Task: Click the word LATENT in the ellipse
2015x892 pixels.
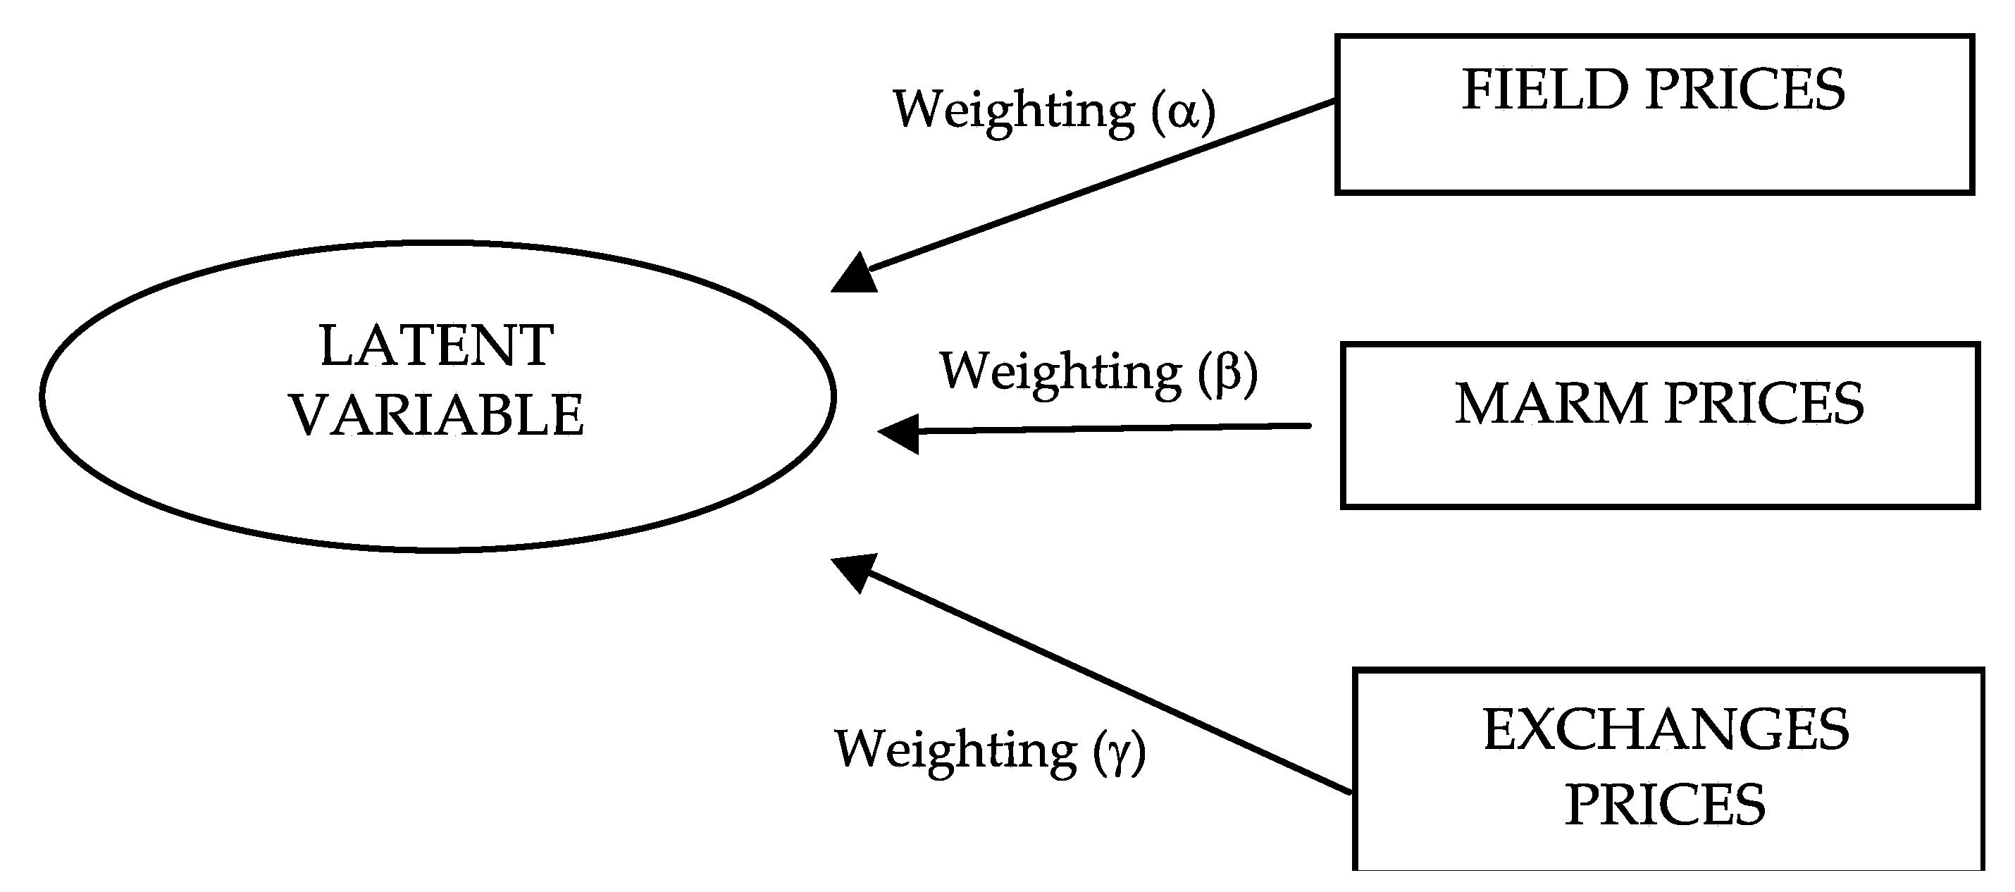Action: click(437, 346)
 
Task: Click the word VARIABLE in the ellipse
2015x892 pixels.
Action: click(437, 415)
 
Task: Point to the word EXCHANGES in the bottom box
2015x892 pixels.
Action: click(1666, 730)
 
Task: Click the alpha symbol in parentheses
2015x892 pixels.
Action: click(1183, 111)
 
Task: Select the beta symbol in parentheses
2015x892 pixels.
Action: click(1227, 372)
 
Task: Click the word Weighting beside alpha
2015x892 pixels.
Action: click(1013, 111)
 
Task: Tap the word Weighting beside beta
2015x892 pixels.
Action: click(1060, 372)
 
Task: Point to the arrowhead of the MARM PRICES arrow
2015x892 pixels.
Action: click(901, 433)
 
